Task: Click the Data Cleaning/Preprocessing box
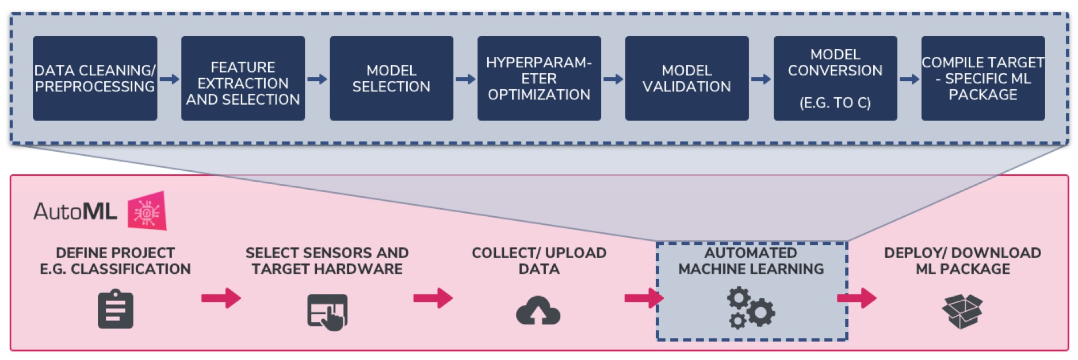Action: pos(95,78)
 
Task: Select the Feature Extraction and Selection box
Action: pos(243,78)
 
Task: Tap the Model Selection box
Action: pos(391,78)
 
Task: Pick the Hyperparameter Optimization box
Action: pos(539,78)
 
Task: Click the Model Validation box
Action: pos(687,78)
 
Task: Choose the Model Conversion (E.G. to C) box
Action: pos(835,78)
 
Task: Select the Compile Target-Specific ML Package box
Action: pos(983,78)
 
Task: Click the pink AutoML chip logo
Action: pos(147,211)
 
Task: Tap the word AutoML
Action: pos(75,212)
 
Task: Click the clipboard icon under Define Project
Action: pos(116,311)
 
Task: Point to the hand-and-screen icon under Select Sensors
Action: pos(327,312)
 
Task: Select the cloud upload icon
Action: pos(538,311)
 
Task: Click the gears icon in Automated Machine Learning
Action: pos(751,309)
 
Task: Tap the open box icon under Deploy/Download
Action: pos(962,311)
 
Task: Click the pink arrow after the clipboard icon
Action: pos(221,298)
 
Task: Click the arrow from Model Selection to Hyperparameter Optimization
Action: pos(465,79)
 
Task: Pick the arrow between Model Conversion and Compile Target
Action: pos(909,79)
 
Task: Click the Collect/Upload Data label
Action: pos(539,261)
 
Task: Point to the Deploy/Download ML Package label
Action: pos(962,261)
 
